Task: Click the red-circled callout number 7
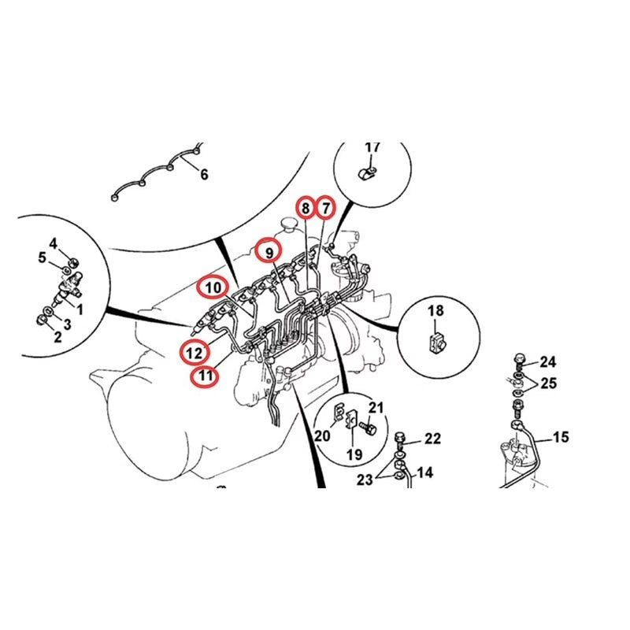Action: (325, 208)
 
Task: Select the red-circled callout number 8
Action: (304, 208)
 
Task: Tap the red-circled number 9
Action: (269, 252)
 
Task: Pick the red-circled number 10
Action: (213, 287)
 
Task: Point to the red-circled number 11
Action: (205, 376)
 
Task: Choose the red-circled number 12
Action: (194, 350)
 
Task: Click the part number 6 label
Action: (204, 175)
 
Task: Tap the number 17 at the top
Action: (372, 147)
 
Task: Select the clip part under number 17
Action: (365, 172)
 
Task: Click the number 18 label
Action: (435, 311)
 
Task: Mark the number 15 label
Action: (560, 437)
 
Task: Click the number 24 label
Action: (547, 362)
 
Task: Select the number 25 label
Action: (547, 384)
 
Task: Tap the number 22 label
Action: (433, 439)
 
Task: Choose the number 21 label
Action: (376, 407)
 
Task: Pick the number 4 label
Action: (54, 243)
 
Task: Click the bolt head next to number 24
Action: (518, 361)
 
